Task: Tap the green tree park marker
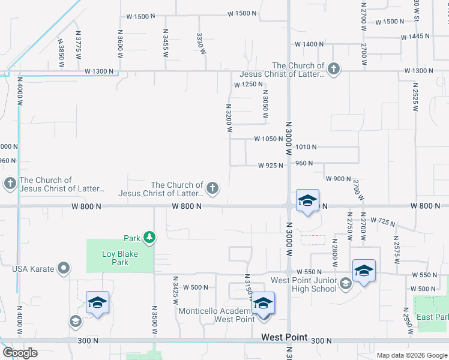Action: click(x=149, y=238)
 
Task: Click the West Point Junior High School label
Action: click(x=303, y=284)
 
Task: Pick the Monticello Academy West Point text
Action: click(x=214, y=314)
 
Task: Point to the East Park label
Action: click(x=433, y=317)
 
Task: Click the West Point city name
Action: click(x=284, y=338)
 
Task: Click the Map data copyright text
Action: click(x=411, y=355)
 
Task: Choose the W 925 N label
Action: click(x=270, y=165)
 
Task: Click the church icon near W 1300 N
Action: click(x=333, y=70)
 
